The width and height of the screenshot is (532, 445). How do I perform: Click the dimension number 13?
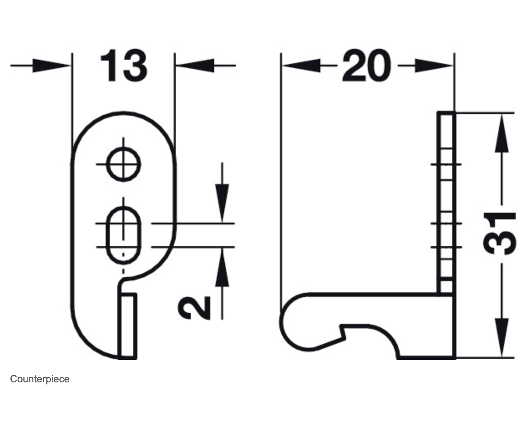click(124, 66)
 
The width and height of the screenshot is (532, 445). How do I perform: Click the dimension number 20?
click(366, 66)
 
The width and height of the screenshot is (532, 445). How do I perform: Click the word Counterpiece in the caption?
click(40, 379)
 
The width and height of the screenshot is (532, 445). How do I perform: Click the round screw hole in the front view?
click(123, 164)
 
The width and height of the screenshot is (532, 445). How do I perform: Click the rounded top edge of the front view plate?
click(124, 113)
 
